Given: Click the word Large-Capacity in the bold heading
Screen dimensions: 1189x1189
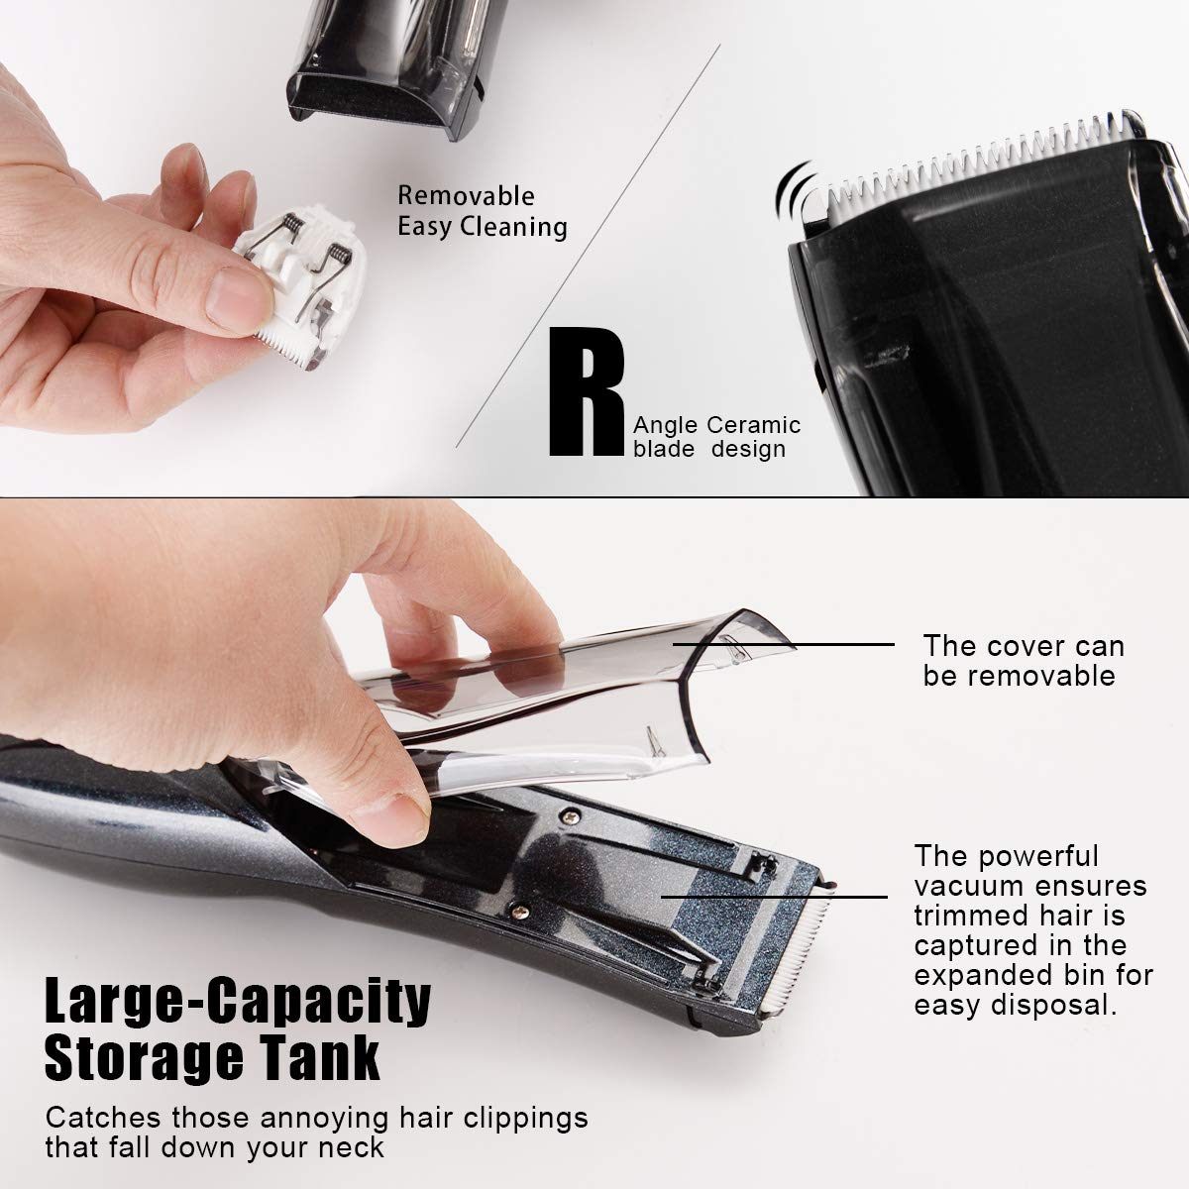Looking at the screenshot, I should [238, 1001].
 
